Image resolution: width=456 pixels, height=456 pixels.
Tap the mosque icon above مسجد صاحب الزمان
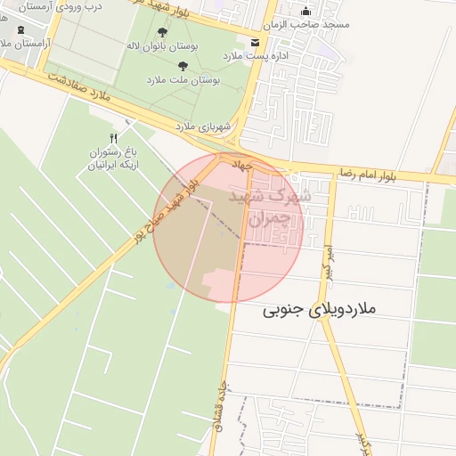click(x=306, y=12)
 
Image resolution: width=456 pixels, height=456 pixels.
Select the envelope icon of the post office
click(x=256, y=43)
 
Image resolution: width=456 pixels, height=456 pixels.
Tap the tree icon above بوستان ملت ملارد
click(x=183, y=66)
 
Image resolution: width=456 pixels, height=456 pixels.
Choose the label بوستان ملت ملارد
click(x=185, y=79)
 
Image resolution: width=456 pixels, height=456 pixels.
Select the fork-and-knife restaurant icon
click(x=113, y=138)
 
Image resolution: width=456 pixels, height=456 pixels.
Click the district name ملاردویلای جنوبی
click(x=321, y=311)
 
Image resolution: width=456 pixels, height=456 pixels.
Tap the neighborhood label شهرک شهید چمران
click(x=271, y=205)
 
